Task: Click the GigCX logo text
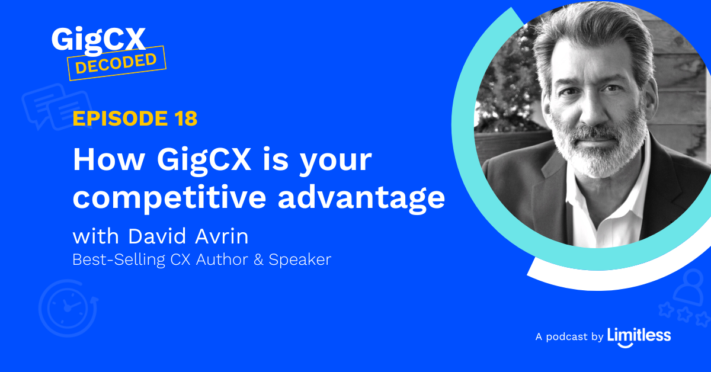coord(98,40)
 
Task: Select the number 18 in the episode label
coord(185,119)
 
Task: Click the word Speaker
coord(300,260)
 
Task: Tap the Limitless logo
coord(639,336)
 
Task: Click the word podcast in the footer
coord(568,337)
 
